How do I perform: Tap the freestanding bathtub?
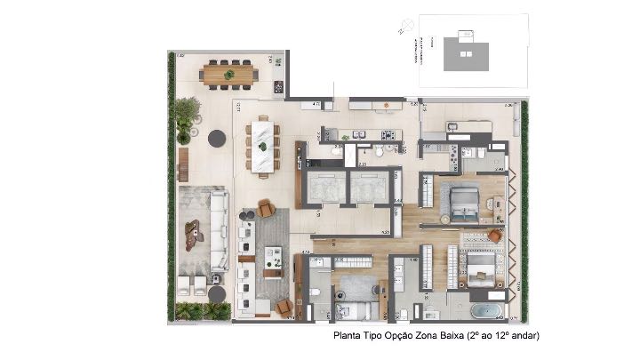485,311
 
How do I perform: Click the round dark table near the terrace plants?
216,138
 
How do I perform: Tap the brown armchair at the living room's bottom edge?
284,307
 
